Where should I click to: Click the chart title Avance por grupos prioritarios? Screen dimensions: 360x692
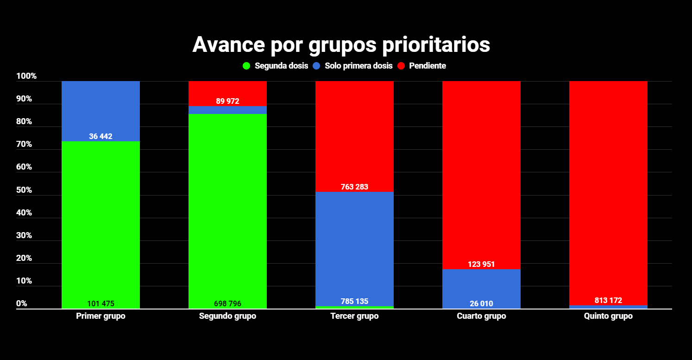click(341, 45)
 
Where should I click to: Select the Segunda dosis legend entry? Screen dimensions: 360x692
click(276, 66)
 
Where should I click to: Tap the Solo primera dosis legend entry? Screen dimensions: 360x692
click(353, 66)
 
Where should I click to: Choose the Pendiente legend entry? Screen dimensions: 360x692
click(421, 66)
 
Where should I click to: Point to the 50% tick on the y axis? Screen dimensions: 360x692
click(24, 190)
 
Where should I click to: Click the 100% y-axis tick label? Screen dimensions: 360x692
click(26, 76)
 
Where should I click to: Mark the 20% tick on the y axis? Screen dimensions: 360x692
click(24, 259)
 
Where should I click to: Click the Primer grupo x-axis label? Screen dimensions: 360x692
click(101, 316)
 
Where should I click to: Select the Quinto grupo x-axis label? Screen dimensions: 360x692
click(608, 316)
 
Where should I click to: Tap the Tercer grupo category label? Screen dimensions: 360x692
click(354, 316)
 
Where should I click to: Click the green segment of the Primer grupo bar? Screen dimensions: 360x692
click(101, 222)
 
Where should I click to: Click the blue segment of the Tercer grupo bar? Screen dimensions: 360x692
click(354, 246)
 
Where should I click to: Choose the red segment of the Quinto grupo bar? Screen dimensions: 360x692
click(608, 185)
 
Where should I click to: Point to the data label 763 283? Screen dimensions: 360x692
click(354, 187)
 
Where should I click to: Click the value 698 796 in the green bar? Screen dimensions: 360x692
click(227, 304)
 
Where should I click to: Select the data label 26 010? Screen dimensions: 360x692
click(481, 304)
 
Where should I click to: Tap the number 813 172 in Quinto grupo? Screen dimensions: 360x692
click(608, 301)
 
